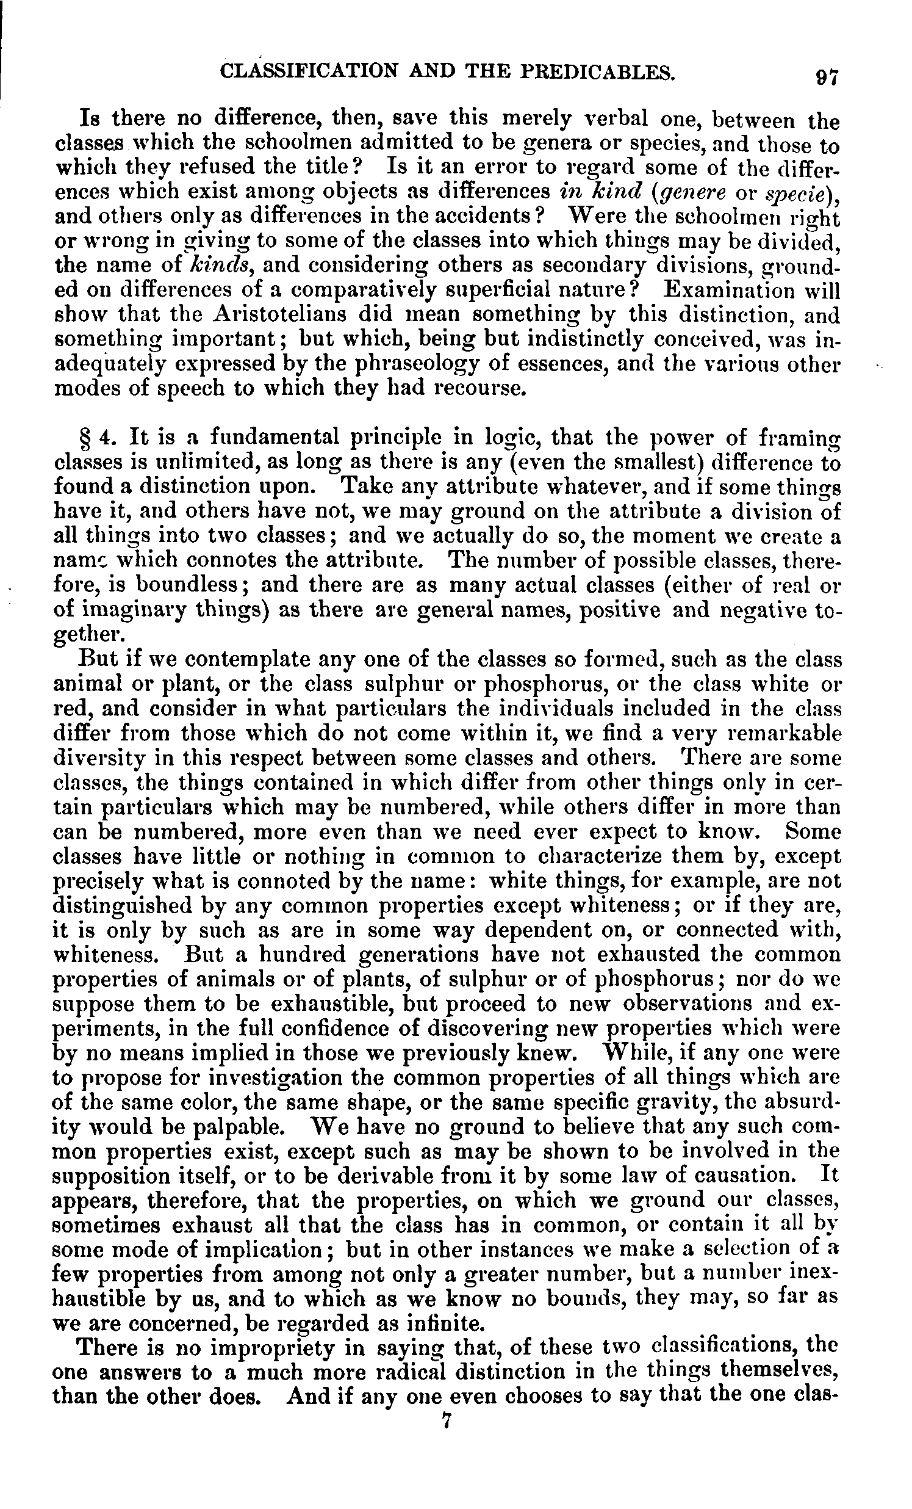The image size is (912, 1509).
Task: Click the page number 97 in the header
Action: (827, 78)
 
